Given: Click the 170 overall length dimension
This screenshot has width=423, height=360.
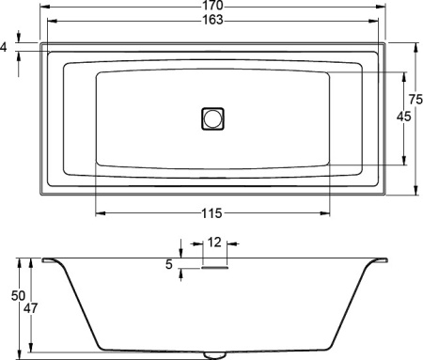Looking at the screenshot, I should tap(211, 6).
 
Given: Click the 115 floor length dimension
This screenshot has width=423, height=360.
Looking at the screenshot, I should tap(212, 212).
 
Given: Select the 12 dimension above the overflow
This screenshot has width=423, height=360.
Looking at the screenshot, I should tap(214, 243).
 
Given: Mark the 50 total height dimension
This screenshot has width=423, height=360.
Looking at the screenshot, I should tap(17, 296).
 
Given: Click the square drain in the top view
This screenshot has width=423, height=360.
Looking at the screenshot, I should tap(213, 118).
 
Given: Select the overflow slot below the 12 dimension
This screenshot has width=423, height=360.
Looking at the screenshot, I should tap(214, 265).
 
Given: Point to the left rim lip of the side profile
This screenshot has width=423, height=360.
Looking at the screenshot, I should tap(48, 260).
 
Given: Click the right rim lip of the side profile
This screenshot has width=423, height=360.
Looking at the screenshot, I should tap(381, 260).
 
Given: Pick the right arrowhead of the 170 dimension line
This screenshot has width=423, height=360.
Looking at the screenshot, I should tap(382, 13).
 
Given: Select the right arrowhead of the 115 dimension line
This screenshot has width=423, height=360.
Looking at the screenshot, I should tap(328, 212).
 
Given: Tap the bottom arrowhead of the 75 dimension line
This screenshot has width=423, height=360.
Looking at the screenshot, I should tap(415, 190).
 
